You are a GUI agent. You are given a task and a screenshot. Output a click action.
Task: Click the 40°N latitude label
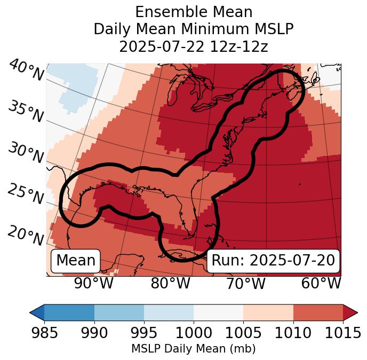point(26,71)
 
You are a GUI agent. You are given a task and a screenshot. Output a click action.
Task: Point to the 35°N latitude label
point(26,112)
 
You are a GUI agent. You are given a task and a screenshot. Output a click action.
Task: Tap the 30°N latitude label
point(26,153)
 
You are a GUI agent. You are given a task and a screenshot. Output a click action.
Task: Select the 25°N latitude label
point(26,194)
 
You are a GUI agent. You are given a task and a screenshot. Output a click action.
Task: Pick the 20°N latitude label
point(26,235)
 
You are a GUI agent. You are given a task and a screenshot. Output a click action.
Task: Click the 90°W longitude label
point(93,283)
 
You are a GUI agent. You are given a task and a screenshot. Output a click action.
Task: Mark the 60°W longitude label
point(321,283)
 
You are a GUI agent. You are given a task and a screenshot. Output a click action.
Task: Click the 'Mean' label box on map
point(76,261)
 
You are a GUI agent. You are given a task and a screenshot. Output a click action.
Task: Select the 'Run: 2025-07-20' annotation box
point(273,261)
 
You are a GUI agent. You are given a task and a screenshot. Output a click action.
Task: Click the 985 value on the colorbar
point(44,333)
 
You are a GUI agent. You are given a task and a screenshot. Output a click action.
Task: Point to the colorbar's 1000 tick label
point(194,333)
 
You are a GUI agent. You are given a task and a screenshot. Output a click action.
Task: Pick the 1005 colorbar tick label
point(243,333)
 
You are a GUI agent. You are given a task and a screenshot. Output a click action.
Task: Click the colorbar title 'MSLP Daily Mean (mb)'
point(193,349)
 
